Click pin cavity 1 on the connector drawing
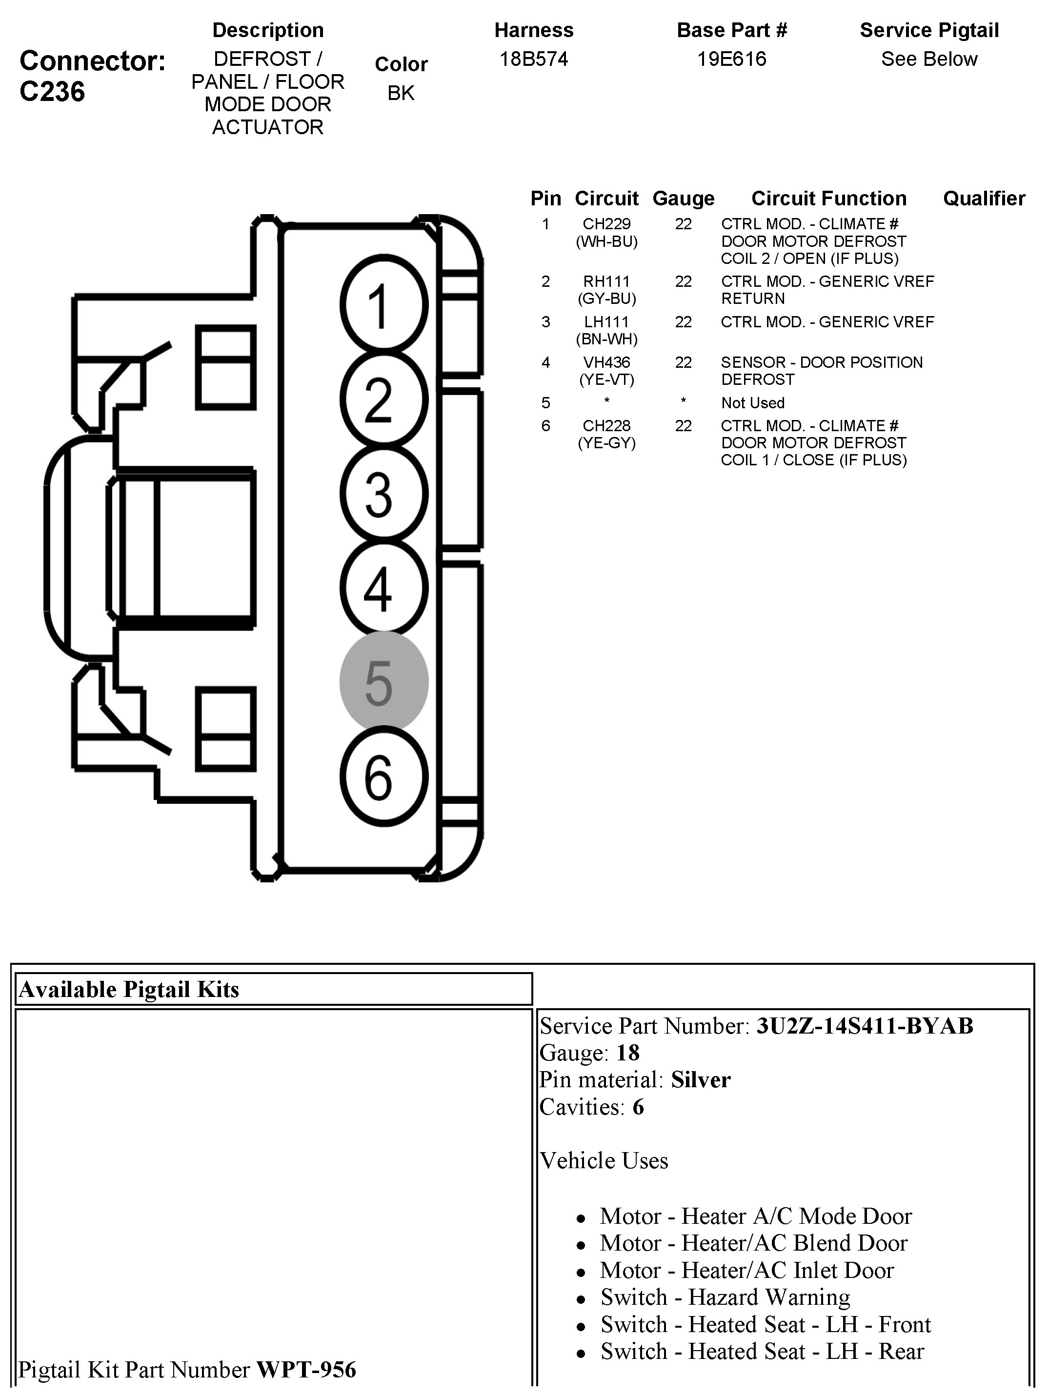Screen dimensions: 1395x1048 tap(383, 304)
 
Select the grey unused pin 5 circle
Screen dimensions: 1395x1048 tap(383, 682)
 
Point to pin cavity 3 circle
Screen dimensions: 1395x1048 tap(383, 494)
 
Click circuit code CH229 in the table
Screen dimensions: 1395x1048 tap(606, 224)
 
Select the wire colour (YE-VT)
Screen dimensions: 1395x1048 tap(606, 379)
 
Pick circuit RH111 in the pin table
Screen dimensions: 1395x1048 tap(606, 282)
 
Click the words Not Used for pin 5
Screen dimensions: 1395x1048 tap(753, 403)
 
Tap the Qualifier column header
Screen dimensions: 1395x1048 tap(984, 199)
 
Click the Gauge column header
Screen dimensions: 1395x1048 tap(684, 199)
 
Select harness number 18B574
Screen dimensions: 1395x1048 tap(534, 60)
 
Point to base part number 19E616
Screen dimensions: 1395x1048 tap(731, 60)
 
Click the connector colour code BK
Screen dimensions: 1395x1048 tap(401, 93)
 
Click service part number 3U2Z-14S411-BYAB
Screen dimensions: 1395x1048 tap(865, 1026)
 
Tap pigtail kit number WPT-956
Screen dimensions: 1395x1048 tap(306, 1370)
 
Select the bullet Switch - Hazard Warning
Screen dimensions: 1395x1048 tap(725, 1297)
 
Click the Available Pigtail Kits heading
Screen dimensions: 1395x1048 tap(129, 990)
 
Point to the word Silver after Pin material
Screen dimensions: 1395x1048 tap(700, 1080)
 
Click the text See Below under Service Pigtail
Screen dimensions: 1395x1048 tap(929, 60)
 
